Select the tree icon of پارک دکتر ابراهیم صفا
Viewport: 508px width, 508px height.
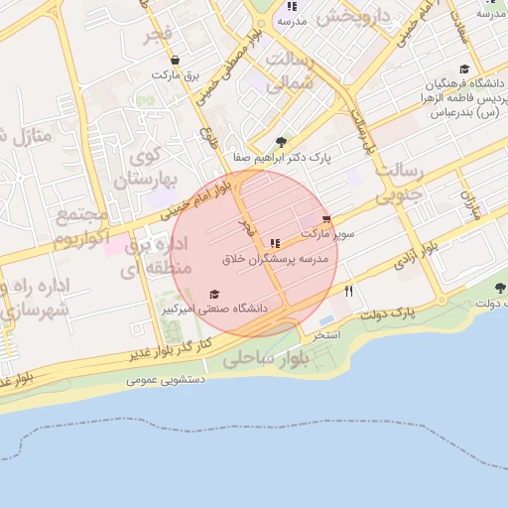[282, 142]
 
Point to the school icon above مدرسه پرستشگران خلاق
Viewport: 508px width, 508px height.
[275, 243]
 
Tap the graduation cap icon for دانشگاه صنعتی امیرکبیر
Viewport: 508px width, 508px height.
[214, 295]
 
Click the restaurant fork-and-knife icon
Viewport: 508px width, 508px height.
[348, 291]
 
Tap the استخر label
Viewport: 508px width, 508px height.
[327, 335]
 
